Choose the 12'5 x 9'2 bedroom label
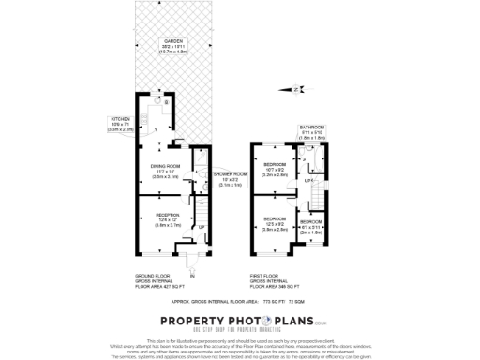[274, 224]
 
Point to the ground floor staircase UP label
[201, 228]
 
